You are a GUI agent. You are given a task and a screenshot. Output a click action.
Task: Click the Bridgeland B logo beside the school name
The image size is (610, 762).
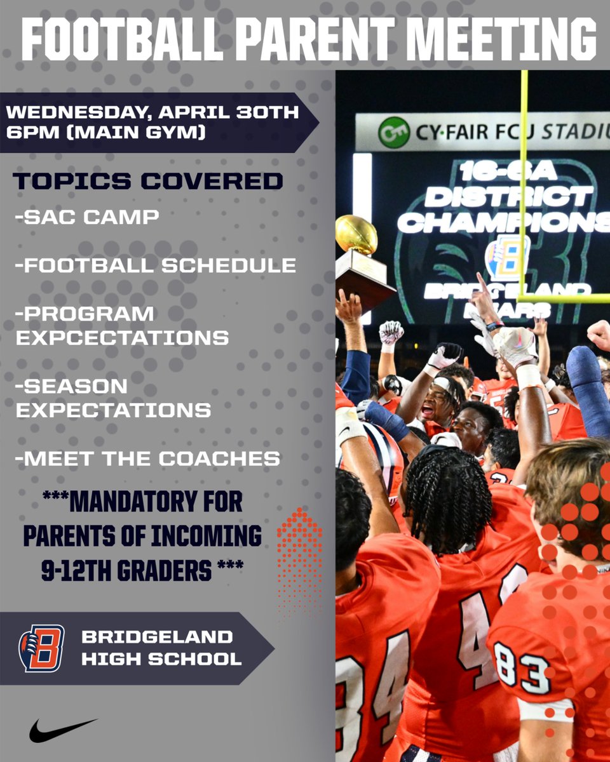(41, 648)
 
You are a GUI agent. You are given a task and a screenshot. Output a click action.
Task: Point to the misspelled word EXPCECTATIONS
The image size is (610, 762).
(122, 338)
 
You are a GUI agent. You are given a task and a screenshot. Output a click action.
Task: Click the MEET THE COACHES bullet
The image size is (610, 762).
(147, 458)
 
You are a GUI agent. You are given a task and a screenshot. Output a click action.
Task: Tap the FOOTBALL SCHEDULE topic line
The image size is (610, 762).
(156, 265)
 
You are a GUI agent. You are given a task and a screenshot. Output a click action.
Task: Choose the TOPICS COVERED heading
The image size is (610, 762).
(147, 181)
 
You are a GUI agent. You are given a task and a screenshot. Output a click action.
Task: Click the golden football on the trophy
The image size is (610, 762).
(356, 234)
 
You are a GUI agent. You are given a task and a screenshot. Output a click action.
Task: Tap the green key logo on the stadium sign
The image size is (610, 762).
(393, 133)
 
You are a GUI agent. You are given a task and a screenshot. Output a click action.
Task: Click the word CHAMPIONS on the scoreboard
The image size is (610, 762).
(502, 222)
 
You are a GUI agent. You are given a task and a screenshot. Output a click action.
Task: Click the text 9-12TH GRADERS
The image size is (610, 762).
(126, 571)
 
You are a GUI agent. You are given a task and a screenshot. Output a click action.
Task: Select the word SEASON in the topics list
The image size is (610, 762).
(71, 386)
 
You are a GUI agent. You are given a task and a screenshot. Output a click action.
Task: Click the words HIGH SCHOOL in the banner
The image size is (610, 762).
(161, 659)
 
